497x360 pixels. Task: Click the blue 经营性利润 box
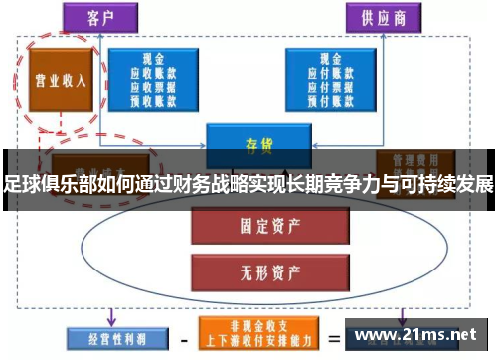coord(108,336)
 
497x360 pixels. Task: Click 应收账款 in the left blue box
coord(153,73)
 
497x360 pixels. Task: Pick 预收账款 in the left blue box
coord(153,98)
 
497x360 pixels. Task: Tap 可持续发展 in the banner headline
coord(447,184)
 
